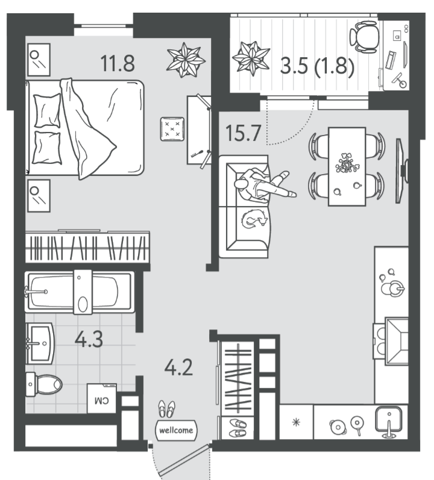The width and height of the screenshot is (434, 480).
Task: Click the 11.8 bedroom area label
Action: click(118, 63)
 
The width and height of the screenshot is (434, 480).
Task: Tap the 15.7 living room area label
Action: click(243, 133)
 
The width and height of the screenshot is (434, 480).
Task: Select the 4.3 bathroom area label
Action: click(89, 339)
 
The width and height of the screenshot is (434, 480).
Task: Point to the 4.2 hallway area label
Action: click(178, 367)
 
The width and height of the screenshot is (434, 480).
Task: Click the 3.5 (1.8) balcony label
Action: click(317, 66)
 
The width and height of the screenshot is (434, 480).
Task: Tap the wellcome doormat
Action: click(176, 430)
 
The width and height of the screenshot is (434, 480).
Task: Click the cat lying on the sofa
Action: click(254, 219)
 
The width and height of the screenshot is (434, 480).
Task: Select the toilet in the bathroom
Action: click(44, 384)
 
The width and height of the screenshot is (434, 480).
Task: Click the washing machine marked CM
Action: click(102, 398)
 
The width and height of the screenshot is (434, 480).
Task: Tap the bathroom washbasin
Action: click(40, 343)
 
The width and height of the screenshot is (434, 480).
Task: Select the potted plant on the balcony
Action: click(251, 58)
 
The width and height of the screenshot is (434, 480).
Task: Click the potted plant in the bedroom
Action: click(186, 60)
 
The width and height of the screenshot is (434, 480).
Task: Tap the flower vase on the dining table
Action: click(348, 163)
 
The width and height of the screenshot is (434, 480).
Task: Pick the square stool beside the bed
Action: click(172, 129)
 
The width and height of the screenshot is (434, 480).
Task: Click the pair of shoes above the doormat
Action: click(166, 409)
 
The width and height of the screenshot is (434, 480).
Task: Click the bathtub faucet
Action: click(36, 291)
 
